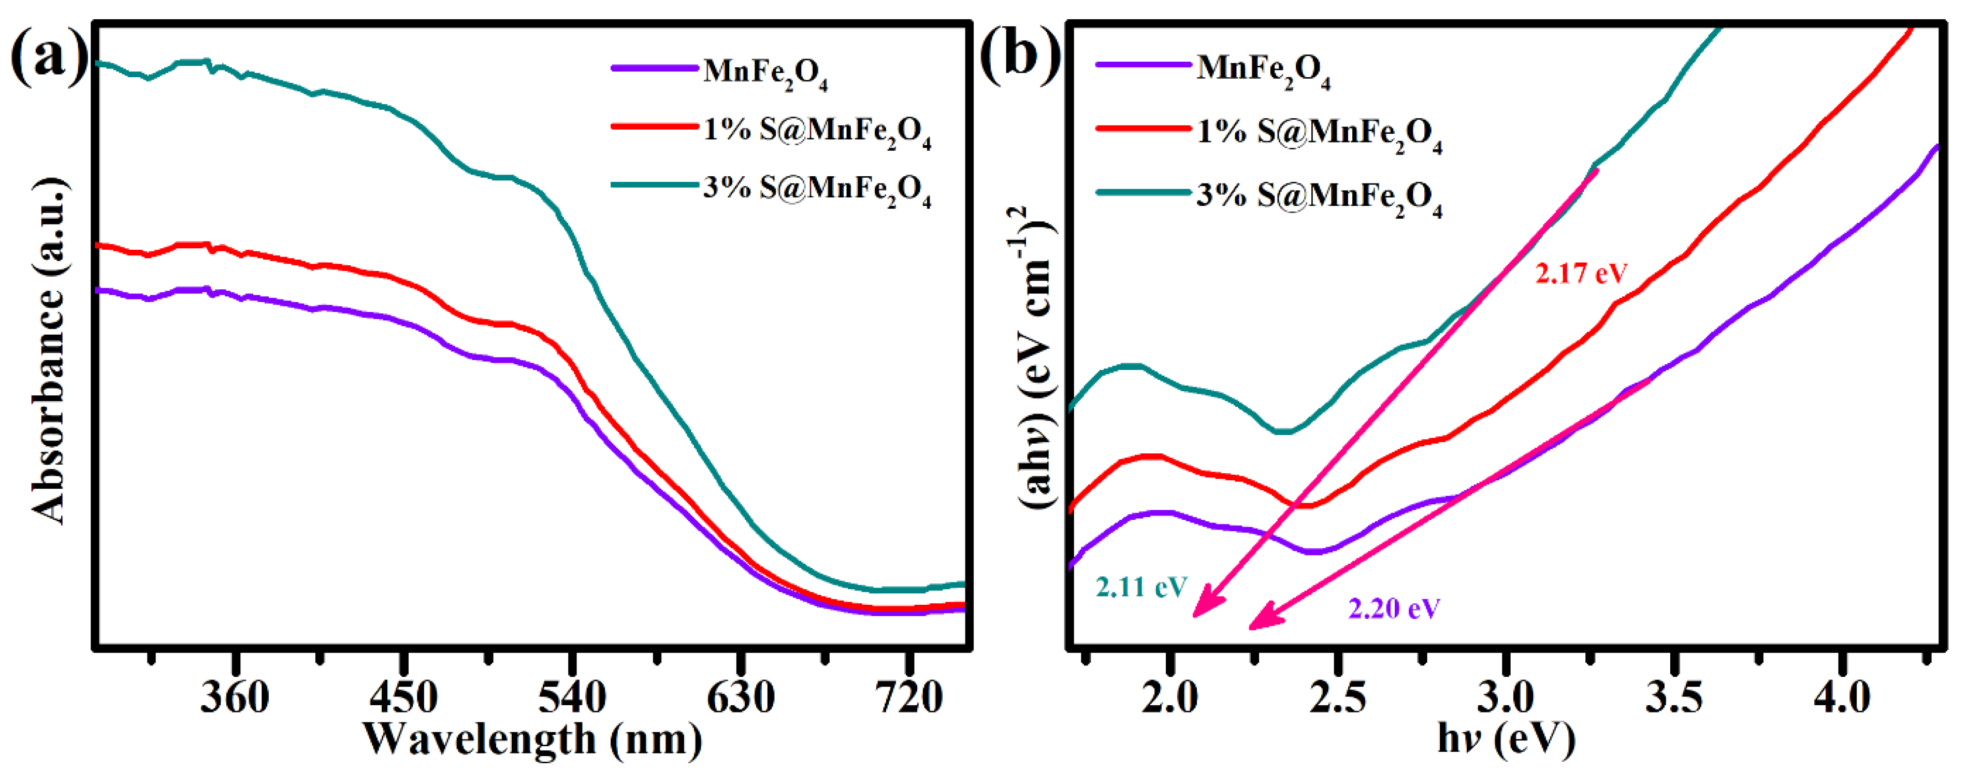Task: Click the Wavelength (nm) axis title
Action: pos(532,738)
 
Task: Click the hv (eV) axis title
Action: pos(1506,738)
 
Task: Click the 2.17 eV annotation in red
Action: pos(1581,273)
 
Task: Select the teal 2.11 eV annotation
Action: pos(1141,587)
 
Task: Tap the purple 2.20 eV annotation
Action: pos(1394,609)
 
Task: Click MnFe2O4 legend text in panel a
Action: pos(765,73)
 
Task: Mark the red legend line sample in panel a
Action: pos(655,126)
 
